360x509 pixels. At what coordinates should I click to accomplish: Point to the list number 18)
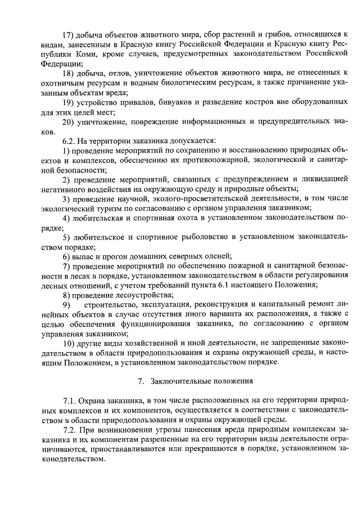69,73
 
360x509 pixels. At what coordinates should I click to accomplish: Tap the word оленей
215,257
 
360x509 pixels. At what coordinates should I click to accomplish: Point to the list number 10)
69,344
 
